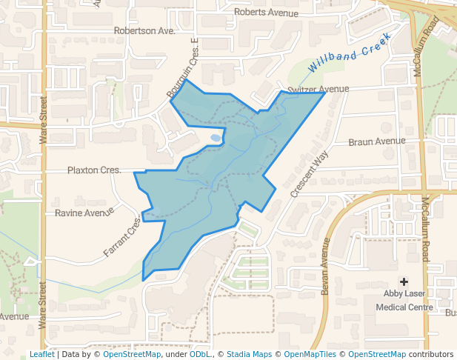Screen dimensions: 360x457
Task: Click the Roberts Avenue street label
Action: [265, 13]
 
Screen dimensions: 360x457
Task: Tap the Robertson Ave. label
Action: [144, 31]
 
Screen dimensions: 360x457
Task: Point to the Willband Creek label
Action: [349, 59]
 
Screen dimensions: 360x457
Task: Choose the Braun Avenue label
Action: [376, 141]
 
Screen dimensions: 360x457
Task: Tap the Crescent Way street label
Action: [309, 174]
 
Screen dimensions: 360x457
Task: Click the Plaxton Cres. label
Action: [94, 170]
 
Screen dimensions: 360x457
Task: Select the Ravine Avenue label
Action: [84, 213]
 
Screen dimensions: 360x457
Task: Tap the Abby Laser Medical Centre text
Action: [404, 301]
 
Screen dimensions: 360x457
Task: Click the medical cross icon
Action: [404, 281]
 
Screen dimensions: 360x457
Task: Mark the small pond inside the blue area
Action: [215, 138]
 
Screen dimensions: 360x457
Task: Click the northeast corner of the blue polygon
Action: [325, 93]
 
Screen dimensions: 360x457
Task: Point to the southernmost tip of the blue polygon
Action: [144, 279]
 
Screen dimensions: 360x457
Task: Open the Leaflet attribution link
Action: [41, 354]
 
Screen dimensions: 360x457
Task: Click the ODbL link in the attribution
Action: [199, 354]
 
